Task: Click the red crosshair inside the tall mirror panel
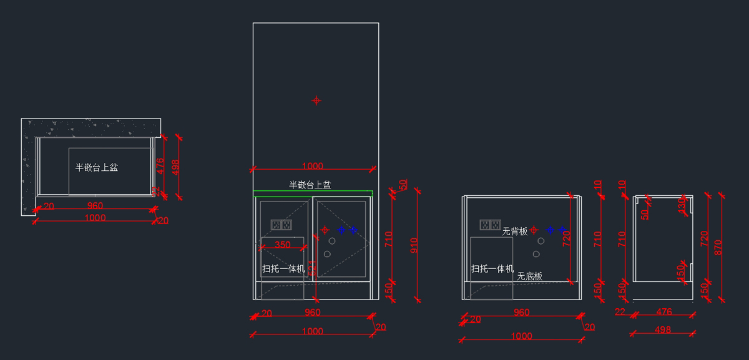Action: pos(316,100)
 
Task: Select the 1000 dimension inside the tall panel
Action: pos(312,166)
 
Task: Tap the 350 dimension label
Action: pos(283,245)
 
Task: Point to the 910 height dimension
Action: pos(414,245)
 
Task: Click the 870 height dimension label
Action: pos(718,247)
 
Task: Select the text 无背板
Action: pos(515,231)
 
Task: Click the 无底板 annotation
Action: pos(529,276)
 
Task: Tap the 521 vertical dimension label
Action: pos(314,268)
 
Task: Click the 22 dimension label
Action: pos(620,311)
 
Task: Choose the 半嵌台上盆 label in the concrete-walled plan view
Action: pos(97,167)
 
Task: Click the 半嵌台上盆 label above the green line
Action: pos(310,185)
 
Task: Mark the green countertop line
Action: pos(312,191)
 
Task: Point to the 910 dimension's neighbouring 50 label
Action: pos(403,185)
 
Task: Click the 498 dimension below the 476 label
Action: pos(663,329)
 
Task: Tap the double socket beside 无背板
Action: pos(490,224)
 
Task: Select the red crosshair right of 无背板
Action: pos(534,230)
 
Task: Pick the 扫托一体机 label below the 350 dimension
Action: pos(283,269)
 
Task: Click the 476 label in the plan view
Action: pos(160,165)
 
